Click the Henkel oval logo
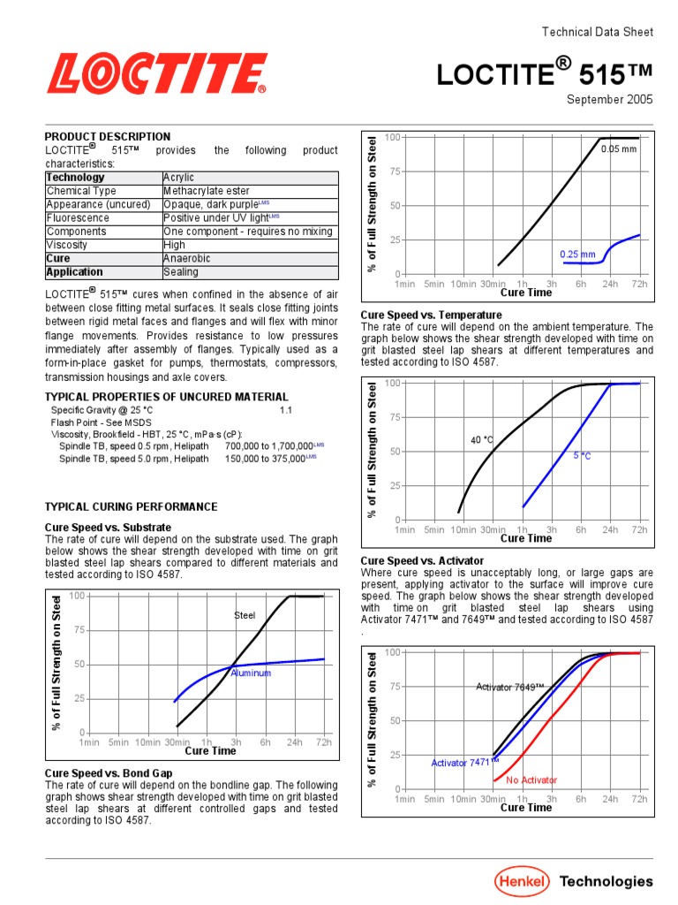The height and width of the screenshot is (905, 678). [x=520, y=880]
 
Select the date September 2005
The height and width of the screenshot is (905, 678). [x=609, y=99]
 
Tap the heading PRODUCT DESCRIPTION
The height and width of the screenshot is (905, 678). [x=108, y=137]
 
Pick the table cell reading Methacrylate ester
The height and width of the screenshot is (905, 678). [x=207, y=191]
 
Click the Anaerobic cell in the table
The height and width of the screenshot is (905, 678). [x=187, y=259]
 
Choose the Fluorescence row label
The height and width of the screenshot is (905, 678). [x=79, y=218]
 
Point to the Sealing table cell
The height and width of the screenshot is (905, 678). [x=181, y=272]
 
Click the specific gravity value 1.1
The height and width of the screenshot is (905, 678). [x=286, y=411]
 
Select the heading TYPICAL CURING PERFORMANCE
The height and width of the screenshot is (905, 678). [x=131, y=507]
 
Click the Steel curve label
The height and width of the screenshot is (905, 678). [x=244, y=615]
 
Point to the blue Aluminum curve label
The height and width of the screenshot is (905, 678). [x=251, y=673]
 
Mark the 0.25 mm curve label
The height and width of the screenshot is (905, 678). [x=577, y=255]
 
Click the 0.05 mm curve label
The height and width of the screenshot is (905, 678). [x=618, y=149]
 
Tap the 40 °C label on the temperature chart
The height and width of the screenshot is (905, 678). [x=481, y=440]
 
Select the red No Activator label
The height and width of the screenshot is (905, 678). [x=531, y=780]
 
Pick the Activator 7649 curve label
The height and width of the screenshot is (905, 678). [x=510, y=687]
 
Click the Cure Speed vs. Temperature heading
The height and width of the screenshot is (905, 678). [x=432, y=316]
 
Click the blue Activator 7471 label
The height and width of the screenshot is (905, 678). [x=464, y=762]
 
